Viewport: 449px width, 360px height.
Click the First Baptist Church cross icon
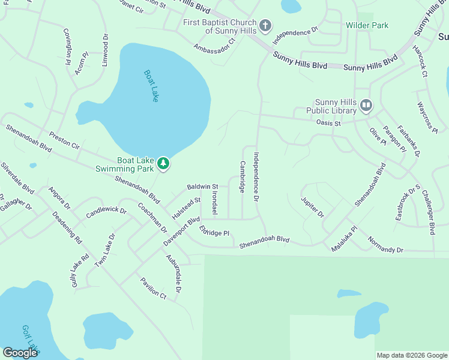click(265, 26)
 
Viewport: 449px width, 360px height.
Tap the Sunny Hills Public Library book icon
click(366, 106)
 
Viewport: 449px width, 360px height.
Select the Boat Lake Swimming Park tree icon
click(163, 163)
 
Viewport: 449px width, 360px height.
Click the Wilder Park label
click(367, 25)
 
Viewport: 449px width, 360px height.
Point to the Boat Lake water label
click(151, 86)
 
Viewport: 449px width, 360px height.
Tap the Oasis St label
click(328, 123)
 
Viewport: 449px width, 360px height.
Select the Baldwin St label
click(202, 187)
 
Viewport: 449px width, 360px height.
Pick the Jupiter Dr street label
click(312, 206)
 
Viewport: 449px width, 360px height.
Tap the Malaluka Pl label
click(345, 238)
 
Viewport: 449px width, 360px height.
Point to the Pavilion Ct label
click(153, 287)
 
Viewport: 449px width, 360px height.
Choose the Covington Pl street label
click(68, 46)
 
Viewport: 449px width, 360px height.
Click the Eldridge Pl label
click(215, 232)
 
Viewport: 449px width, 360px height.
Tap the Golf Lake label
click(30, 339)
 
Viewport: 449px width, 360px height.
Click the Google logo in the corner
click(20, 353)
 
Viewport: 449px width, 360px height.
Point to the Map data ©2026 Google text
click(412, 355)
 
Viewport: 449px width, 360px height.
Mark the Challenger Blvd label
click(428, 212)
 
